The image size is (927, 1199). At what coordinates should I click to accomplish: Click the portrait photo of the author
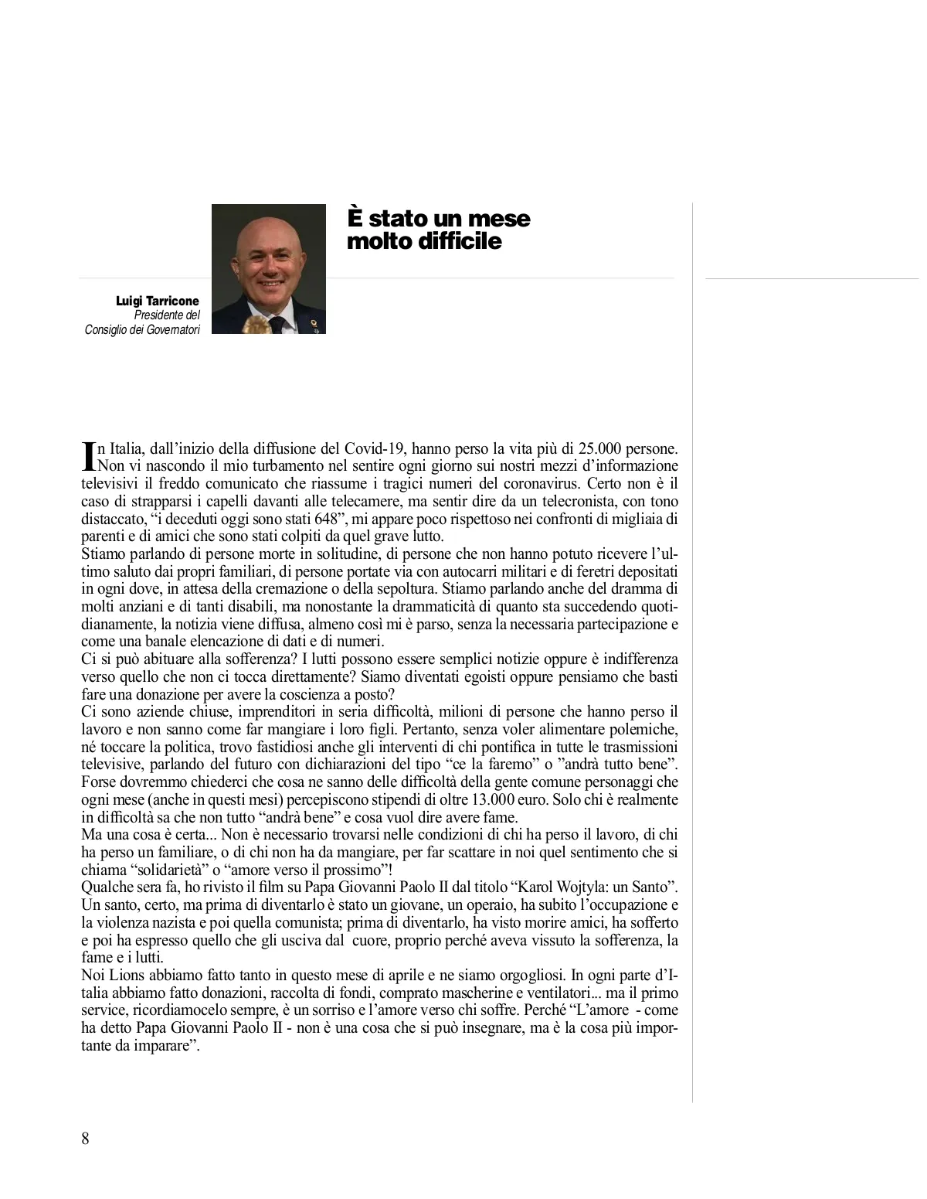268,269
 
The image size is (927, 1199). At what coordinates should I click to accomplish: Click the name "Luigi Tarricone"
158,301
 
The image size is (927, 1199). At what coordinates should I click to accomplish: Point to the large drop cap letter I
87,456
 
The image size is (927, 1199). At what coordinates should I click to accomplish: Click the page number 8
85,1138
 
